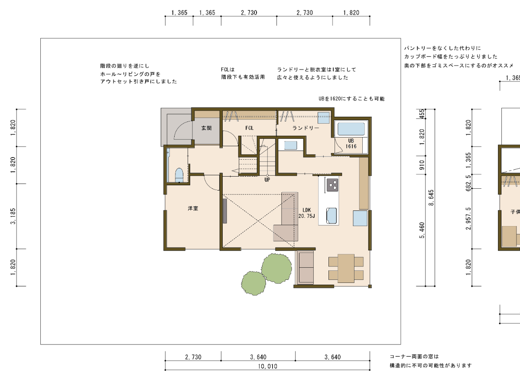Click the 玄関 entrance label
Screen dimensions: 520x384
[x=206, y=128]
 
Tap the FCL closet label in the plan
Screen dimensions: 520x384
[x=249, y=128]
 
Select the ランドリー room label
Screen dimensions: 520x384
[x=305, y=128]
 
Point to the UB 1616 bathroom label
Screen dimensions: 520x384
[x=351, y=144]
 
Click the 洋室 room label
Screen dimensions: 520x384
[x=193, y=208]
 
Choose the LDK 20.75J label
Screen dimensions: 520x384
[x=306, y=213]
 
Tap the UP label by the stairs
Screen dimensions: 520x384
[x=267, y=180]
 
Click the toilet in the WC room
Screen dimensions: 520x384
[x=179, y=175]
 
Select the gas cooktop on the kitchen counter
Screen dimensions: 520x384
[x=332, y=185]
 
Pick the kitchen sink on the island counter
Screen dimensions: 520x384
[x=331, y=216]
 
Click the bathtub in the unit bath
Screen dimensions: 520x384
[x=351, y=129]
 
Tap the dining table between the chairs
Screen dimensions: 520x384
[x=346, y=268]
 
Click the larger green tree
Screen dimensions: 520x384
[x=276, y=268]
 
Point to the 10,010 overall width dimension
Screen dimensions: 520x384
[x=267, y=366]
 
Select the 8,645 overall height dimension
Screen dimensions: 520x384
[x=431, y=197]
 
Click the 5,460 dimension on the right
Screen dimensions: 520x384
[x=422, y=230]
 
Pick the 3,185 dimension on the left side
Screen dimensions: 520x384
[x=13, y=216]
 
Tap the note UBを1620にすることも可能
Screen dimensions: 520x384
[x=351, y=99]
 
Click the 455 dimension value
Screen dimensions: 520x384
[x=422, y=114]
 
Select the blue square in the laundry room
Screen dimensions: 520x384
[x=324, y=118]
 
